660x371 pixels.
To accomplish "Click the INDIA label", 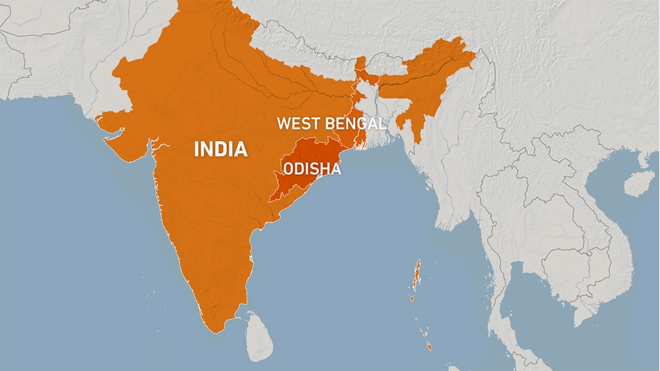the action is click(220, 149).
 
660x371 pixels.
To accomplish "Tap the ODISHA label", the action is click(312, 169).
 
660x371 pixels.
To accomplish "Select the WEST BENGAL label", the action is click(331, 123).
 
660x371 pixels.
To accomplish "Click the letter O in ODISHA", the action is click(288, 169).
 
